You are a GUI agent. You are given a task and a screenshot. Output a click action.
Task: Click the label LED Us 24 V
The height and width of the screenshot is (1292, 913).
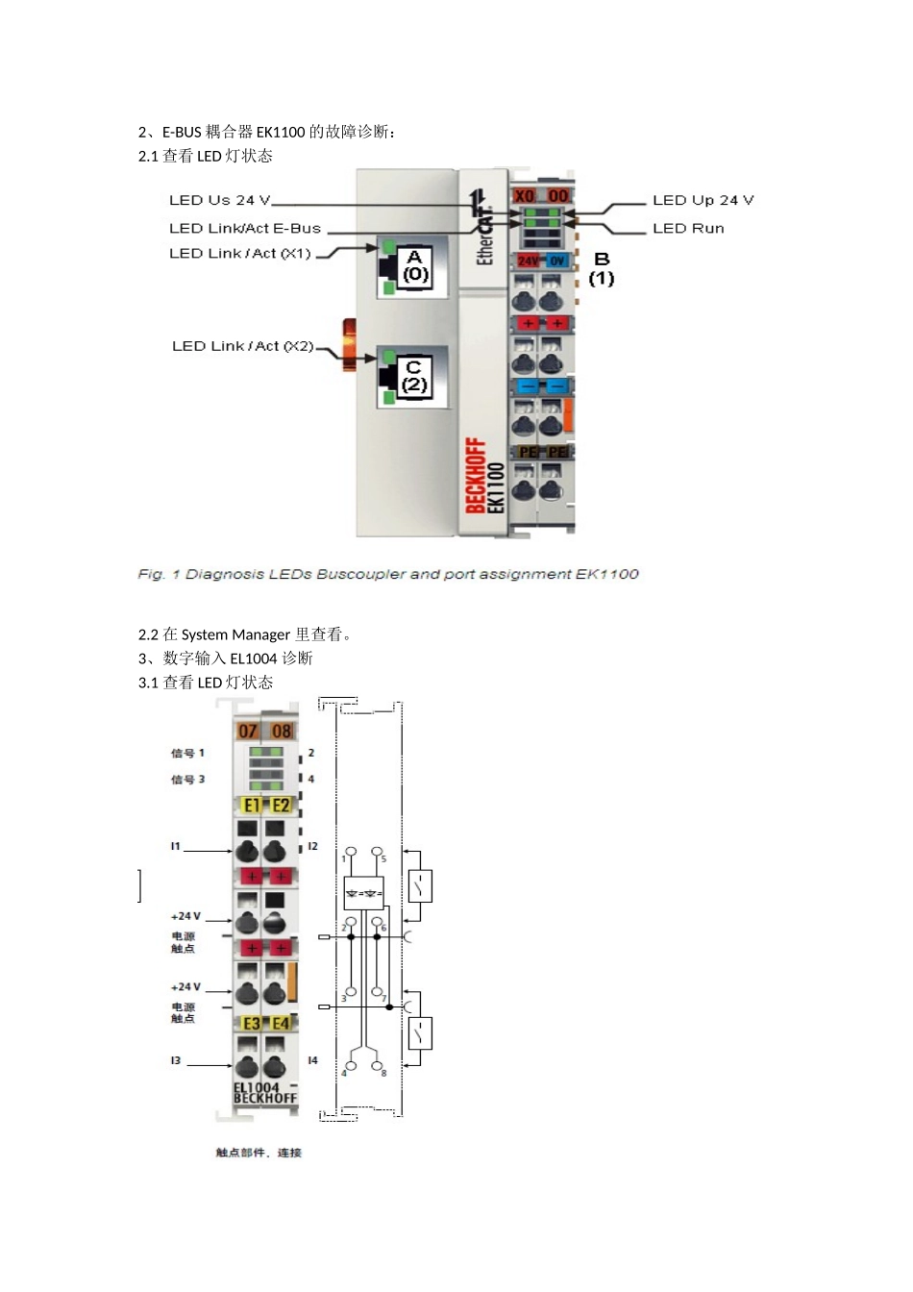point(220,200)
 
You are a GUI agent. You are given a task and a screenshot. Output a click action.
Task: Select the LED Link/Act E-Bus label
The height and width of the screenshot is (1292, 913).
point(244,228)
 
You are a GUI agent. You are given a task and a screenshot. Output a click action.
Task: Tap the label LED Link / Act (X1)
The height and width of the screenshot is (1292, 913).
point(240,254)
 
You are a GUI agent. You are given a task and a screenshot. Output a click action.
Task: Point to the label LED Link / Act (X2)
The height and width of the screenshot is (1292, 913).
point(243,346)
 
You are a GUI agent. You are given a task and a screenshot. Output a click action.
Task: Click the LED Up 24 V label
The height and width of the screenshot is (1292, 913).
point(703,200)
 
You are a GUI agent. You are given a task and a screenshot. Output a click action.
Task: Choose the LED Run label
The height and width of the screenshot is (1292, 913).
point(688,228)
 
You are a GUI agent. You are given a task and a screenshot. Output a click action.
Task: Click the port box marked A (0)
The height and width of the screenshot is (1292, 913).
point(415,265)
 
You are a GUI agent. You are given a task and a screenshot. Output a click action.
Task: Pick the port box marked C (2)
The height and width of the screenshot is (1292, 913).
point(414,376)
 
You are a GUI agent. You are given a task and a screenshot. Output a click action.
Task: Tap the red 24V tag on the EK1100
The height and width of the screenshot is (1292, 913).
point(528,261)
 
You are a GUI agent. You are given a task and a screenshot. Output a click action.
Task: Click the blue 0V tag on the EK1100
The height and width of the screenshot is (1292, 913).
point(557,261)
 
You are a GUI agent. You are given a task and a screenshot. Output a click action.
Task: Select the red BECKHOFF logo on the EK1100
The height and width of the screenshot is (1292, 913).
point(476,476)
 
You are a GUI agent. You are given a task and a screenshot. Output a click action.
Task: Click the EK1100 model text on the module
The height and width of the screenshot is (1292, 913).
point(496,487)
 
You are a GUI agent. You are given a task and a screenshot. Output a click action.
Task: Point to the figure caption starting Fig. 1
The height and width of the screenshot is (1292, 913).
point(388,574)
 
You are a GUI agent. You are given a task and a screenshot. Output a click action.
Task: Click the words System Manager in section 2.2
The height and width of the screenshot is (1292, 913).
point(235,634)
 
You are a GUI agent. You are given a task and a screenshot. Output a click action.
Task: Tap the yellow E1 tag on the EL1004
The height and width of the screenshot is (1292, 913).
point(252,806)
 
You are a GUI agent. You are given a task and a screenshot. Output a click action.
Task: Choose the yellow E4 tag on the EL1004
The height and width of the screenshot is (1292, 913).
point(281,1024)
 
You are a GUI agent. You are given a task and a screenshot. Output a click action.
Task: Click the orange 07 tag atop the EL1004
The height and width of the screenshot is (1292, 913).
point(248,732)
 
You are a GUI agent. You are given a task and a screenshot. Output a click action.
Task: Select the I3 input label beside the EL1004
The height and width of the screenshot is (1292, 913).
point(176,1060)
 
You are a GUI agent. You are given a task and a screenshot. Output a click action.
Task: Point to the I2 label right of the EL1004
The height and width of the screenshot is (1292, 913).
point(312,846)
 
